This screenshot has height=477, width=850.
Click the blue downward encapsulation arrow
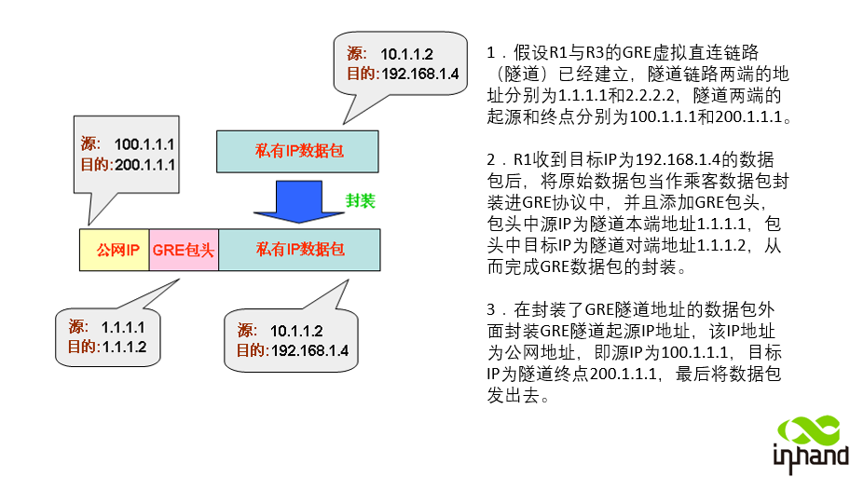[298, 199]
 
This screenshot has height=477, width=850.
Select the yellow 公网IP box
[115, 250]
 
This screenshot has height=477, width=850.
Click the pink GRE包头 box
[184, 250]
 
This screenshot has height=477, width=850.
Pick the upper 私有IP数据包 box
[298, 151]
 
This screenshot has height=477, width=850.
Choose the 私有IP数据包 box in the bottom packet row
[299, 250]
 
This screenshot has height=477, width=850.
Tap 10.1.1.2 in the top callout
[406, 55]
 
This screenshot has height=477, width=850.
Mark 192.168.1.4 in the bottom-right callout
[309, 350]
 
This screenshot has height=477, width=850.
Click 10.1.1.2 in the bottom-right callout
[296, 331]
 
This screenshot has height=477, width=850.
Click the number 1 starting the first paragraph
[490, 53]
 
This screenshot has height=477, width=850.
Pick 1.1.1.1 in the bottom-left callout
[122, 328]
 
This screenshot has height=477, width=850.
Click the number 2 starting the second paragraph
[491, 159]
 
